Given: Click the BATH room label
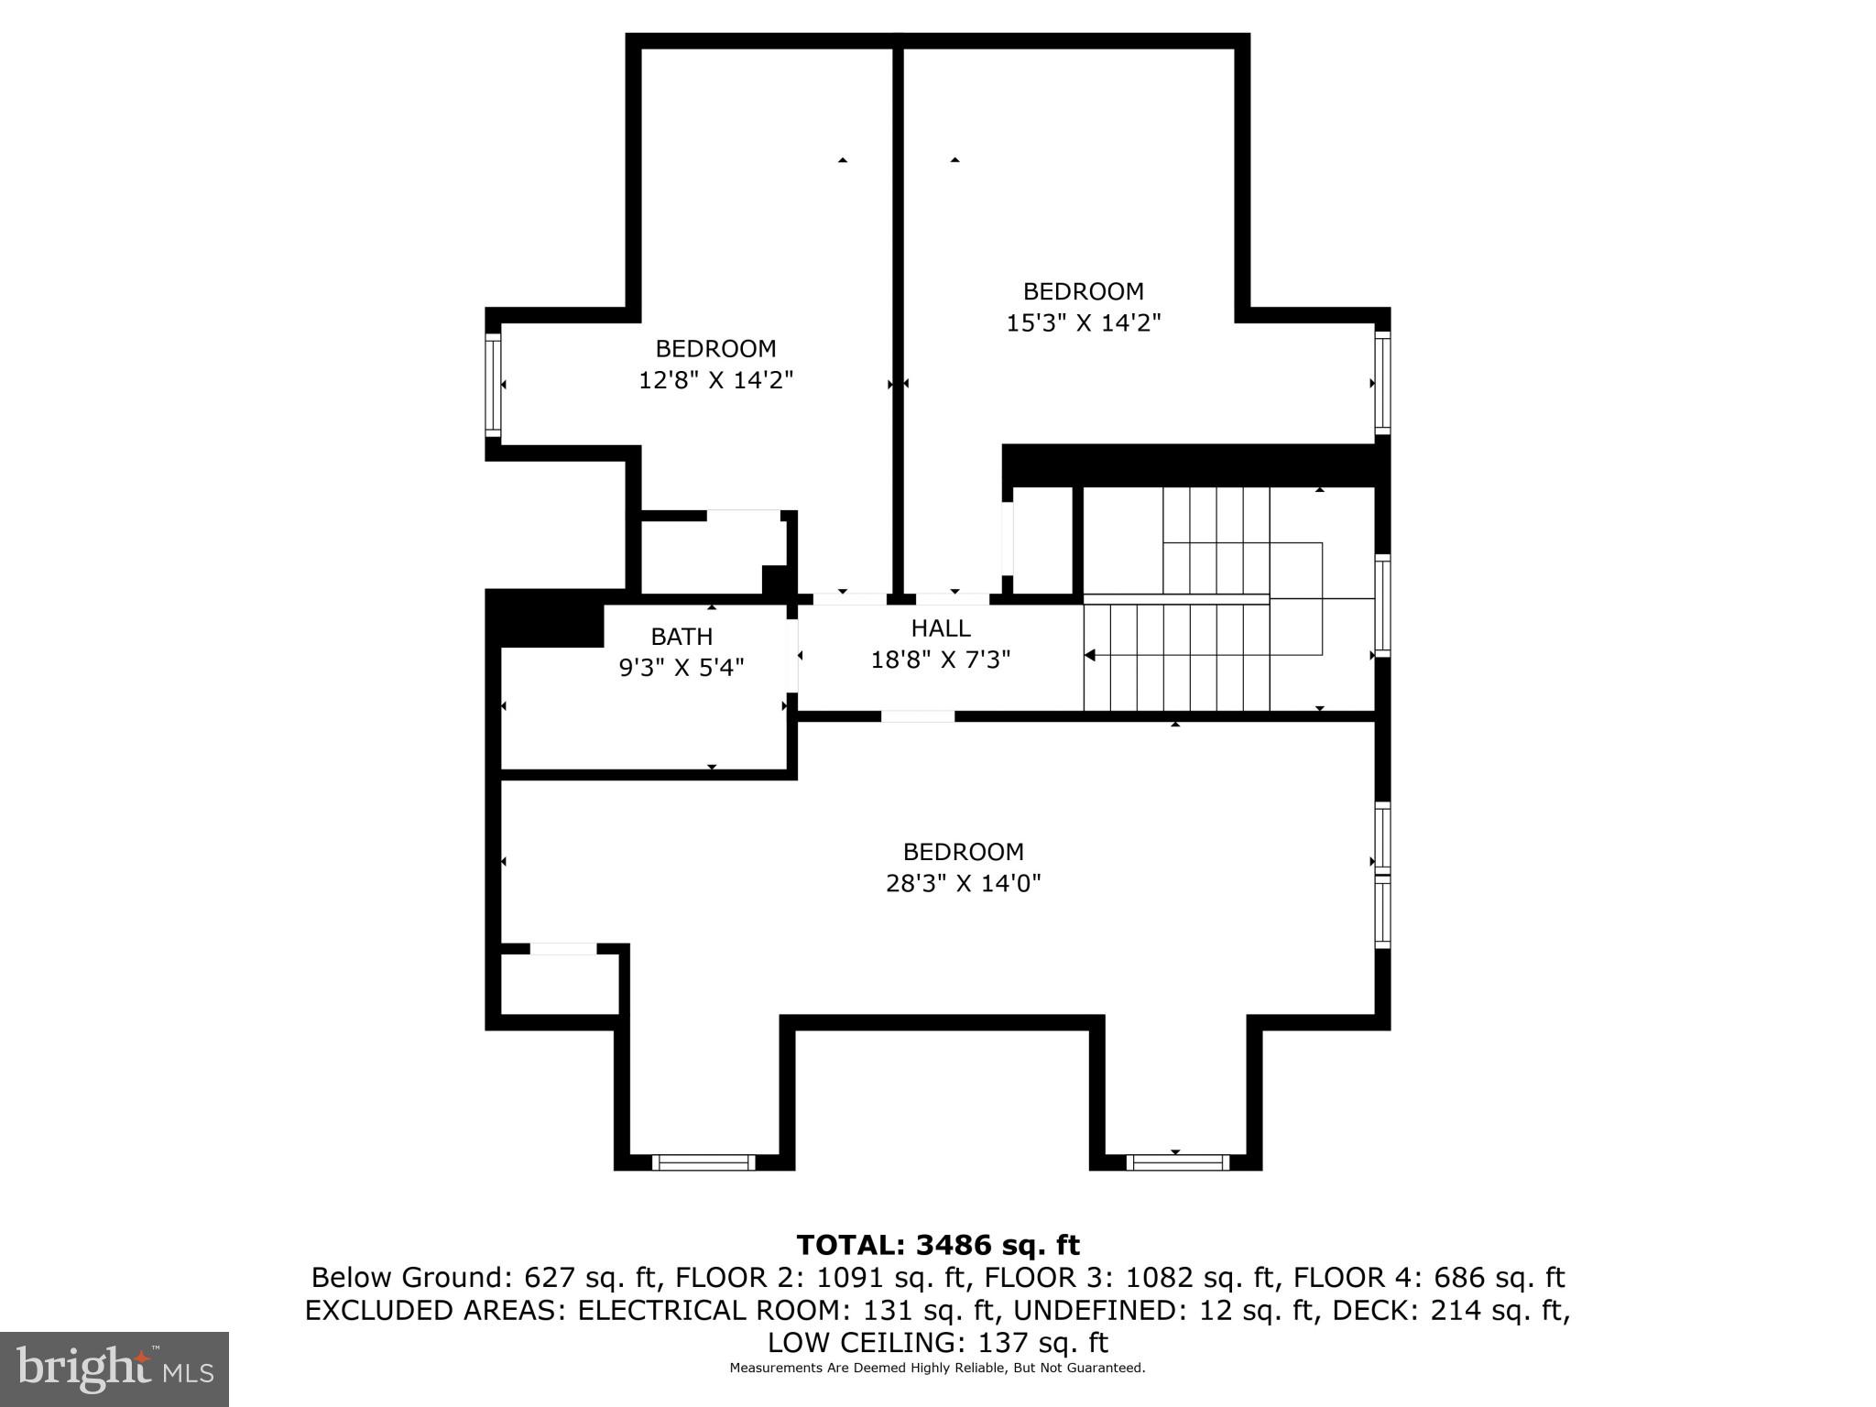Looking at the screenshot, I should pyautogui.click(x=682, y=636).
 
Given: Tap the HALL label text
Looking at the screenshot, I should pyautogui.click(x=941, y=628).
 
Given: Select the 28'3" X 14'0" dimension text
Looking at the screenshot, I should pyautogui.click(x=964, y=883).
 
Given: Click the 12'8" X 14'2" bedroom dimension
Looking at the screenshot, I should pyautogui.click(x=715, y=379).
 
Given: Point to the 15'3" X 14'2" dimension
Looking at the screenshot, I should pyautogui.click(x=1084, y=322).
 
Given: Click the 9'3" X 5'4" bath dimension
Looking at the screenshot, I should pyautogui.click(x=682, y=667).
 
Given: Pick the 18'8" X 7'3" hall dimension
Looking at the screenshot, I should pyautogui.click(x=941, y=660).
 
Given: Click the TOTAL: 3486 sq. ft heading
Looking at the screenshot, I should pyautogui.click(x=938, y=1245).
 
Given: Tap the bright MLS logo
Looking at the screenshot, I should pyautogui.click(x=114, y=1369).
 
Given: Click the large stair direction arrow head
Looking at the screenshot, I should pyautogui.click(x=1090, y=655).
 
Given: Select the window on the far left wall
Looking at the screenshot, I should pyautogui.click(x=493, y=384).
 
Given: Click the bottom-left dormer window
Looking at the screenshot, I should pyautogui.click(x=703, y=1162).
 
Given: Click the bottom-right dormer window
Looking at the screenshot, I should pyautogui.click(x=1177, y=1162).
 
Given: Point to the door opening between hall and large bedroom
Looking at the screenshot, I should pyautogui.click(x=918, y=716).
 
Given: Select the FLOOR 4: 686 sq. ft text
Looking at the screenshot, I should pyautogui.click(x=1429, y=1277).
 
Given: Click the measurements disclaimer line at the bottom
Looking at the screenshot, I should pyautogui.click(x=937, y=1368).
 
